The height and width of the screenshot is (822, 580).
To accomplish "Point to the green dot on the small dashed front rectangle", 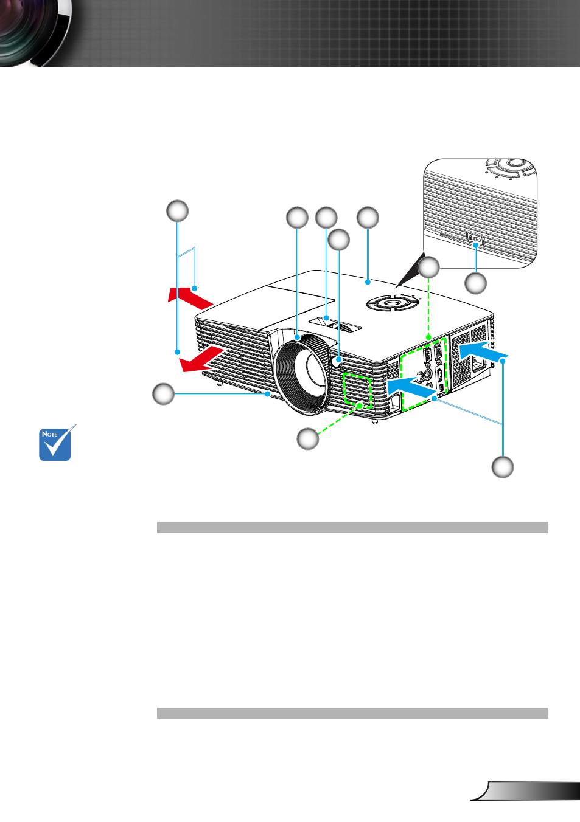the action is (x=360, y=406).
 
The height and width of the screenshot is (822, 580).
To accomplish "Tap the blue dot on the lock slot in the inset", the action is (x=476, y=244).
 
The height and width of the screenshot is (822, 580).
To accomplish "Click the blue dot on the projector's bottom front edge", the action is (x=267, y=394).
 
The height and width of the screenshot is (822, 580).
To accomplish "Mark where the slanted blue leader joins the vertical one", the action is (x=503, y=424).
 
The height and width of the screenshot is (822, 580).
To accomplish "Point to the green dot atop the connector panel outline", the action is (x=428, y=336).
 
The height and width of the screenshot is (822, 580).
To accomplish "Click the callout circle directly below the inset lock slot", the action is (x=476, y=284).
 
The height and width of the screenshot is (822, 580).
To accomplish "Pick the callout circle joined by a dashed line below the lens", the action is (x=308, y=438).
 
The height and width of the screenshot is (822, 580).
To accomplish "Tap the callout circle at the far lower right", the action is (x=503, y=467).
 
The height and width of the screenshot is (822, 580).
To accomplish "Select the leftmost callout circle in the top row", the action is (x=178, y=211).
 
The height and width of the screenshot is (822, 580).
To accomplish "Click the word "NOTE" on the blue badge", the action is (x=49, y=434).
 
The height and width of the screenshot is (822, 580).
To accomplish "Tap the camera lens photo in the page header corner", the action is (x=35, y=33).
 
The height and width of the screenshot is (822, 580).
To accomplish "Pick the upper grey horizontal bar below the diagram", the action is (x=352, y=527).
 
